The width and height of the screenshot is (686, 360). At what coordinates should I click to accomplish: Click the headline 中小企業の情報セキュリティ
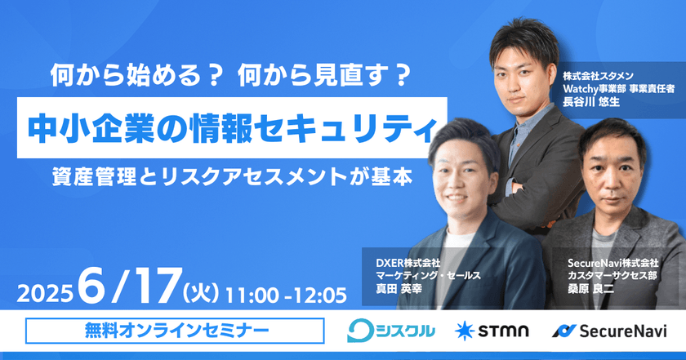[232, 127]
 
